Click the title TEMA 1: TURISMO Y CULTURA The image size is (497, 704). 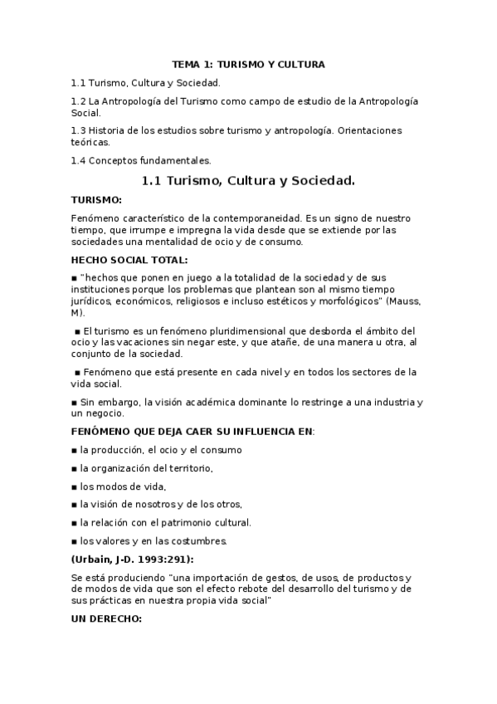[248, 64]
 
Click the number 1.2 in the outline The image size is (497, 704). [78, 101]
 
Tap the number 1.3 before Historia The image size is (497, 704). [78, 131]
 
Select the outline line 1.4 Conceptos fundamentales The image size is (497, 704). [129, 160]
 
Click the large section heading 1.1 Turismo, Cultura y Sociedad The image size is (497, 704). [248, 180]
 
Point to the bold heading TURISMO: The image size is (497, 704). [96, 200]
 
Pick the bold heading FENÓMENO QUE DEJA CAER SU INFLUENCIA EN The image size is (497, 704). [192, 431]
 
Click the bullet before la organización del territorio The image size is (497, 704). [74, 469]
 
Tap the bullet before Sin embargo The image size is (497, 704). [74, 403]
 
